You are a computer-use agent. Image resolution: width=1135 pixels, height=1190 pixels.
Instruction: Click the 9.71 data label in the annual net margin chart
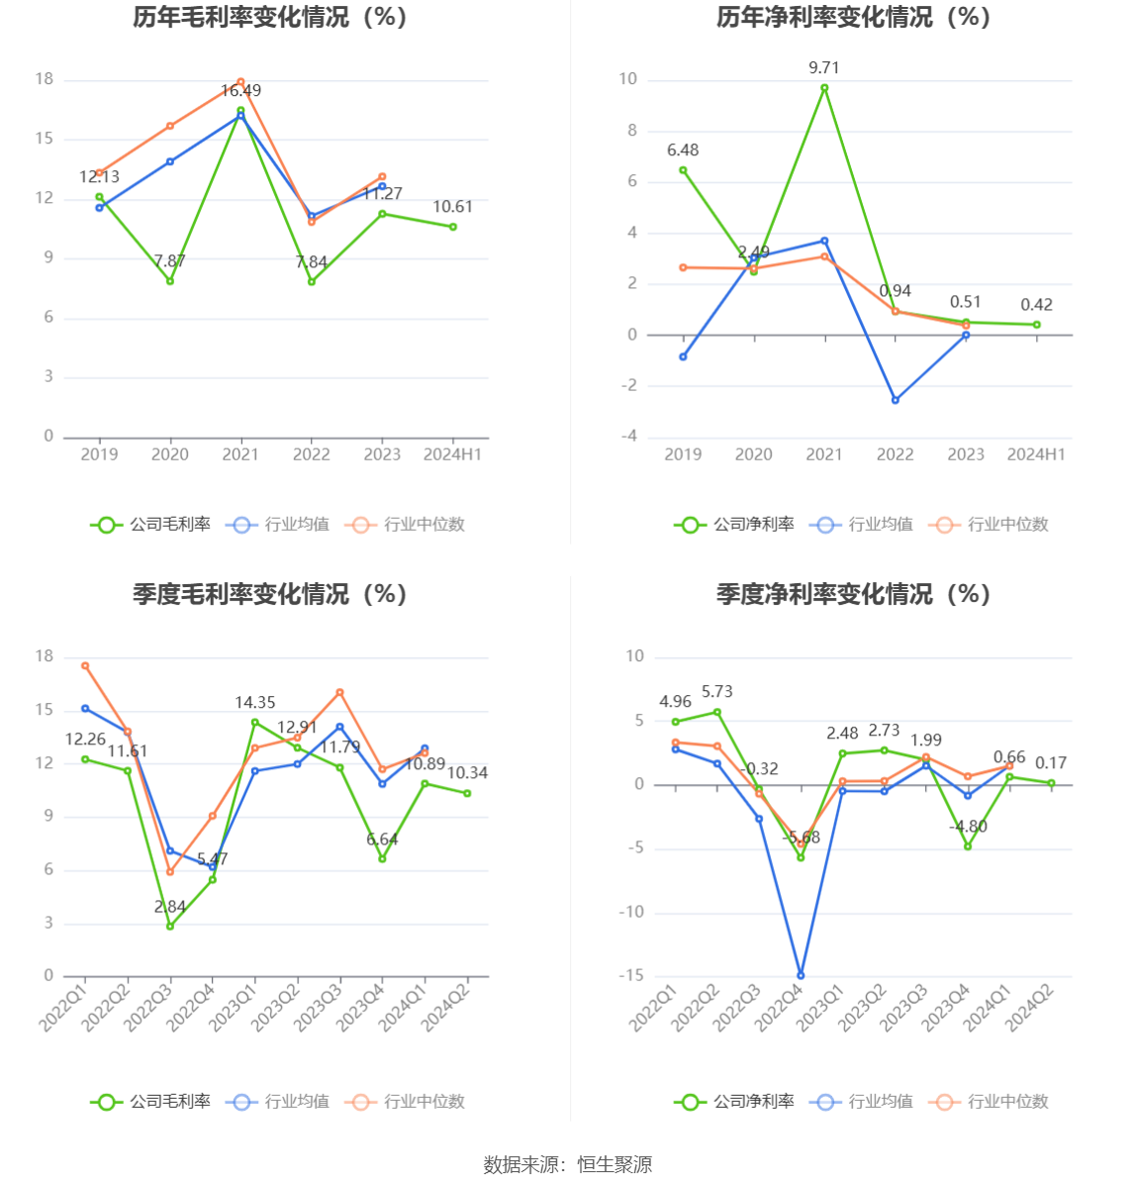(823, 68)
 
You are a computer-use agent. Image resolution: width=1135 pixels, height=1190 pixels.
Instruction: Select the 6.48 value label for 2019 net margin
(682, 150)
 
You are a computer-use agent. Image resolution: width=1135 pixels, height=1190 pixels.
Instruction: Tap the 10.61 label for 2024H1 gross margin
(452, 207)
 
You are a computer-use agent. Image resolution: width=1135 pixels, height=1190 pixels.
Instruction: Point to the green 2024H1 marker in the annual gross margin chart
(453, 227)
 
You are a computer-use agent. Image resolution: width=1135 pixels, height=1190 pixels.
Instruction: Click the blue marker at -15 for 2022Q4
(801, 975)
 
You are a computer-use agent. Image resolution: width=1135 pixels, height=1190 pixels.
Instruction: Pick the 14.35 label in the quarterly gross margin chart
(254, 703)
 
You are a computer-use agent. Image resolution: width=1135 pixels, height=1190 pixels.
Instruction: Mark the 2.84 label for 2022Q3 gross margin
(170, 907)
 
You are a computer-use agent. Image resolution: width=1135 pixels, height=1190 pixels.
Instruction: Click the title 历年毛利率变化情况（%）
(270, 17)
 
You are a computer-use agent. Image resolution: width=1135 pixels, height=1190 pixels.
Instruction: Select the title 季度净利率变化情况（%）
(853, 594)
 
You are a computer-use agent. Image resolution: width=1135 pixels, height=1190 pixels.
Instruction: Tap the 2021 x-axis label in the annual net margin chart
(823, 454)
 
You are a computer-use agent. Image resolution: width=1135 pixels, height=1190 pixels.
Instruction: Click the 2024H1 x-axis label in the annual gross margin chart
(452, 454)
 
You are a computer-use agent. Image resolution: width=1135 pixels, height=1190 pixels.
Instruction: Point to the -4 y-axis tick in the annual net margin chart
(628, 437)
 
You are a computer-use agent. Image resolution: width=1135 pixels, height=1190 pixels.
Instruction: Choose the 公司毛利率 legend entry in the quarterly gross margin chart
(151, 1101)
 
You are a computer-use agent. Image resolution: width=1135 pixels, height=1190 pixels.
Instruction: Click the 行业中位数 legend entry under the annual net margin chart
(990, 525)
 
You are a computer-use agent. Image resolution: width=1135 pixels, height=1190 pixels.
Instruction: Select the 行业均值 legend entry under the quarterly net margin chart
(862, 1101)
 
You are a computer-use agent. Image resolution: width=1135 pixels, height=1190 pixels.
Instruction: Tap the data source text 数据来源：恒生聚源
(568, 1164)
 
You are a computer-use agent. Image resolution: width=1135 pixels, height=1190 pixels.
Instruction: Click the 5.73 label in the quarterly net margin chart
(716, 692)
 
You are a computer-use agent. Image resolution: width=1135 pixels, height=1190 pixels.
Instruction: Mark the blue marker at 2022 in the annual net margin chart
(896, 400)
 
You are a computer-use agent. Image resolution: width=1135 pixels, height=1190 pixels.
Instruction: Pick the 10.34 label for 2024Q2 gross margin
(467, 773)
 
